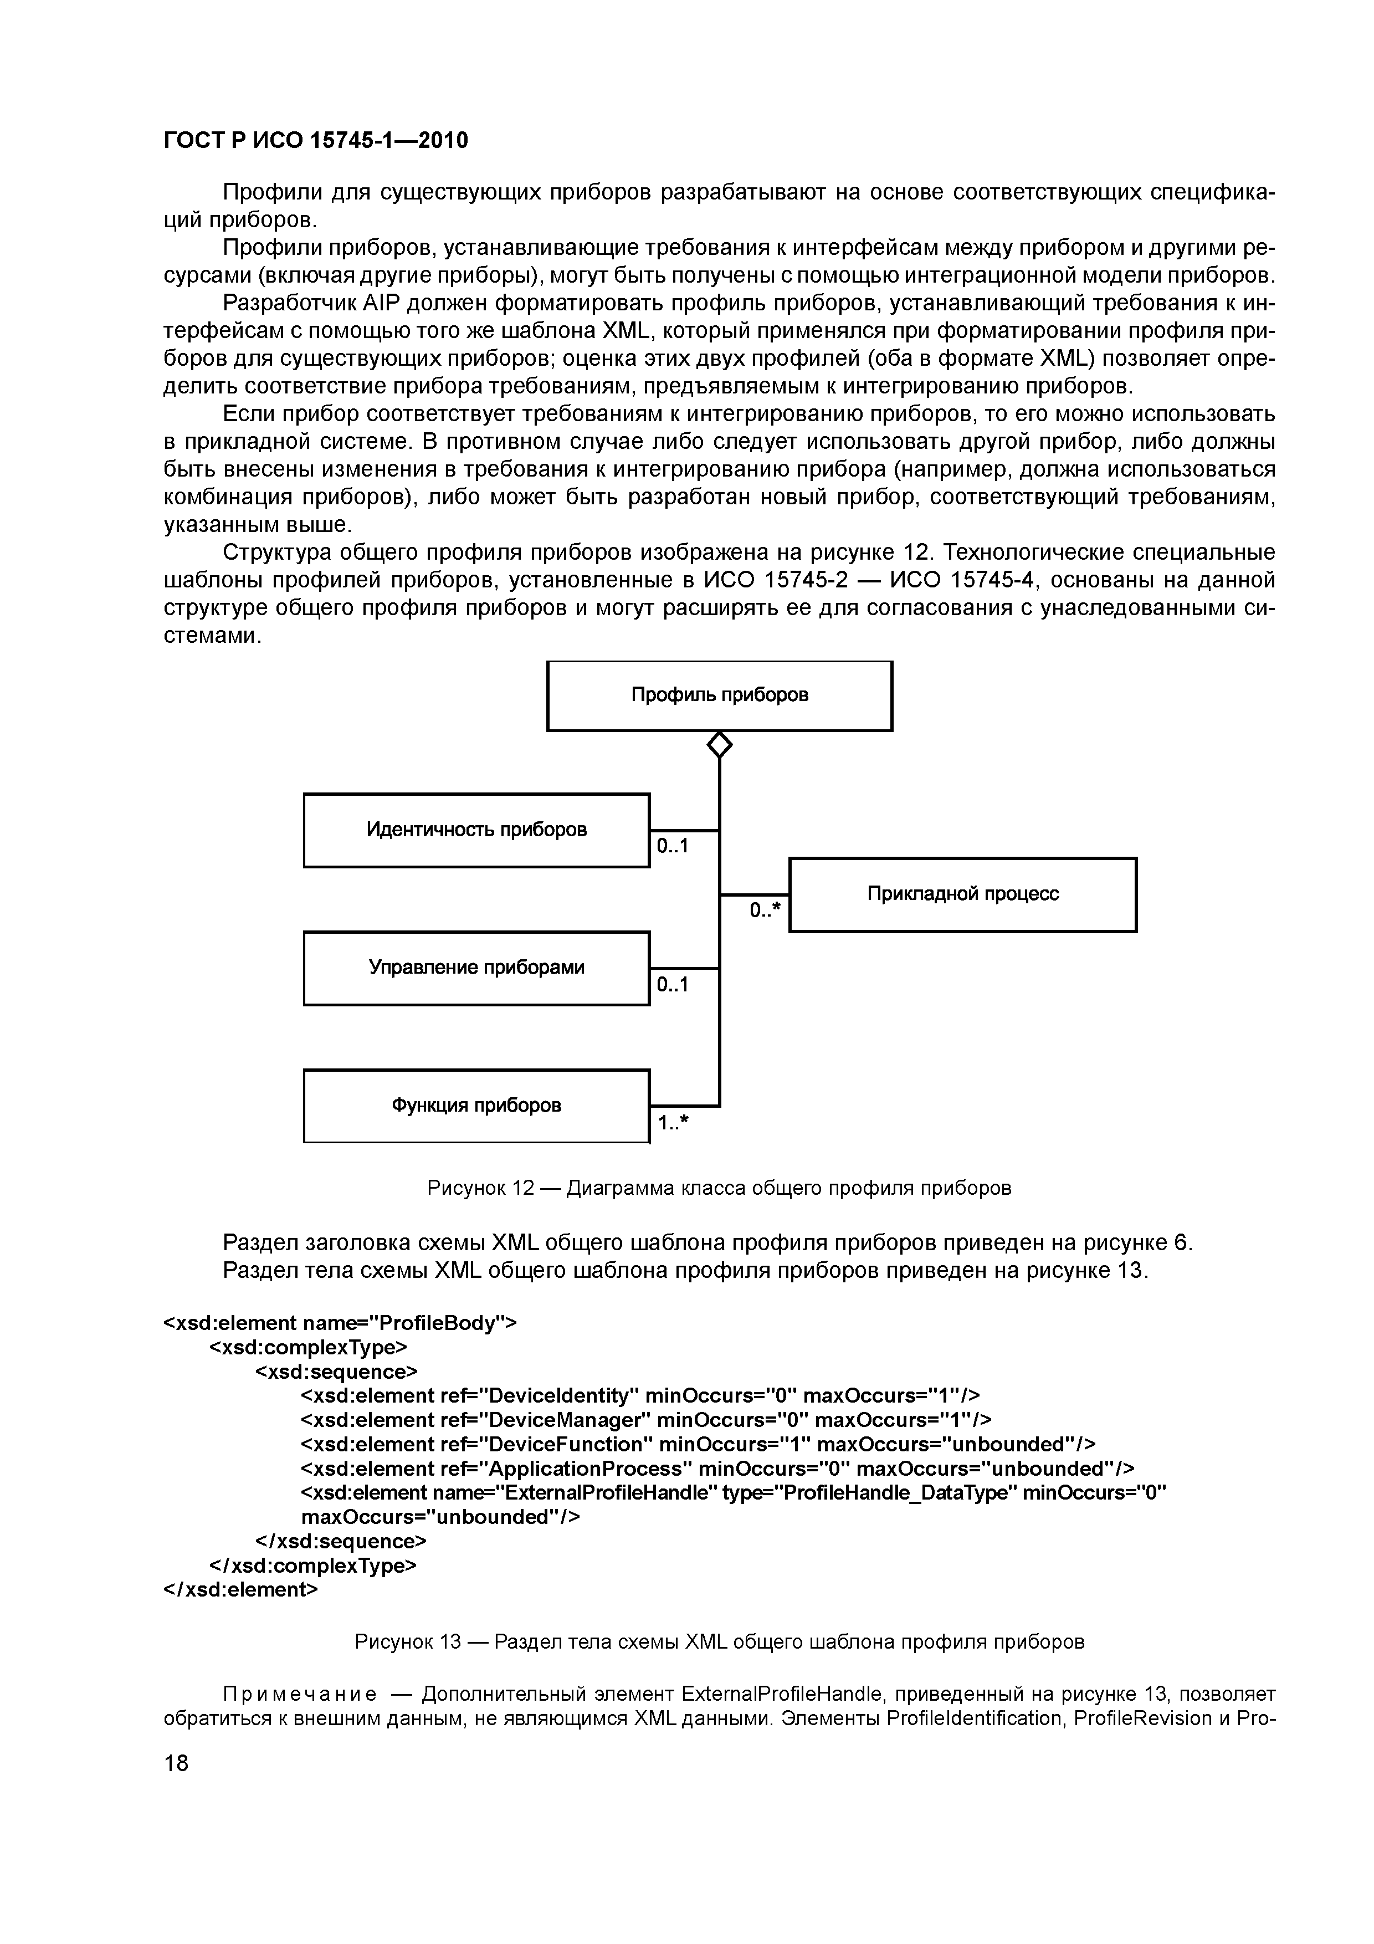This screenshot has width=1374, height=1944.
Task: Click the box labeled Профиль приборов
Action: [720, 695]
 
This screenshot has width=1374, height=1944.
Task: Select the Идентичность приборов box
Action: [476, 830]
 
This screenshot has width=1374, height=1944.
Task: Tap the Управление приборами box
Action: [476, 968]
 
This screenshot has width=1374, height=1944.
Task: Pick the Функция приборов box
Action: [476, 1106]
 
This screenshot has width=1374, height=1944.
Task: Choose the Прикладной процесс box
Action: [962, 894]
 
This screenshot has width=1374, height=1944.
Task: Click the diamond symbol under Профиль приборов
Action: [720, 745]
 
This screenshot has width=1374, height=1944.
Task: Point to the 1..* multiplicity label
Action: [673, 1123]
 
